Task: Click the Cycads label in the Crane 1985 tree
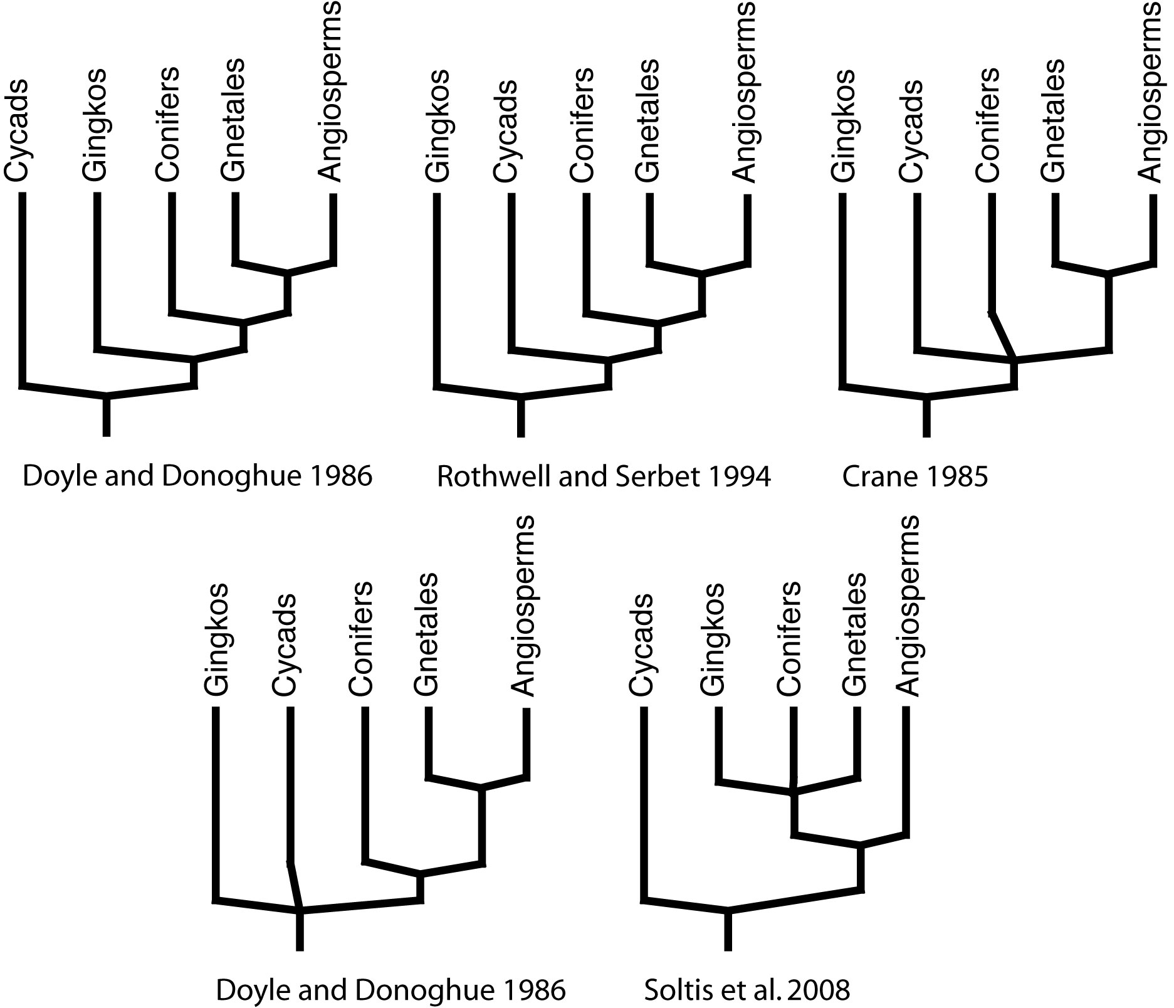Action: click(911, 130)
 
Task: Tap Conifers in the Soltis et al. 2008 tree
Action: click(789, 639)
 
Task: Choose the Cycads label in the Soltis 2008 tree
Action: click(641, 644)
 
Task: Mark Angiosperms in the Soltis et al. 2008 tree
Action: click(908, 606)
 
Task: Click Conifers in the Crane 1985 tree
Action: click(987, 125)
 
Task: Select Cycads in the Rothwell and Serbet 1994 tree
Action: click(506, 130)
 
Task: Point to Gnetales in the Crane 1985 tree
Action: click(1053, 120)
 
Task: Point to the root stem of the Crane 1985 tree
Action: click(927, 416)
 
